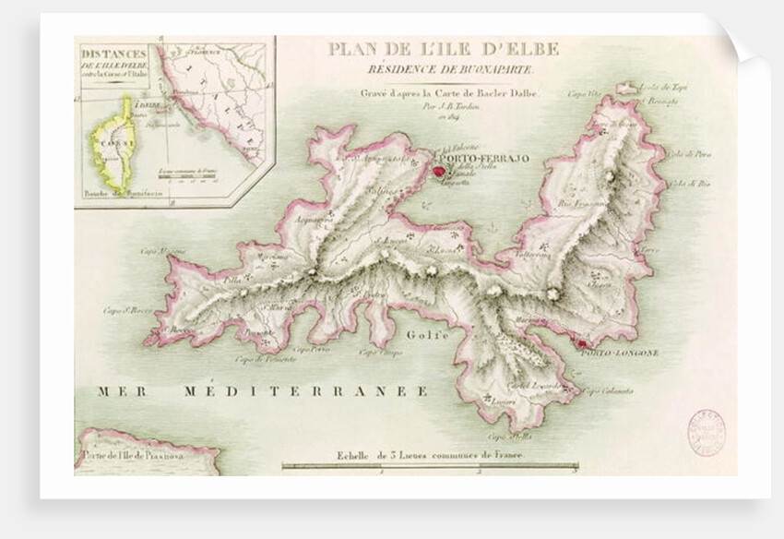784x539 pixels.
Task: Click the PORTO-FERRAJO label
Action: pos(483,160)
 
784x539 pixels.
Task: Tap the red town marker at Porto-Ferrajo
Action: pos(438,170)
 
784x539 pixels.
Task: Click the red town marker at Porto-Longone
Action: pos(581,344)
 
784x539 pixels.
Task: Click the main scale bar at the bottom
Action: pos(429,468)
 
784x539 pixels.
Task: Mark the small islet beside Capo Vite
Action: pos(627,89)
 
